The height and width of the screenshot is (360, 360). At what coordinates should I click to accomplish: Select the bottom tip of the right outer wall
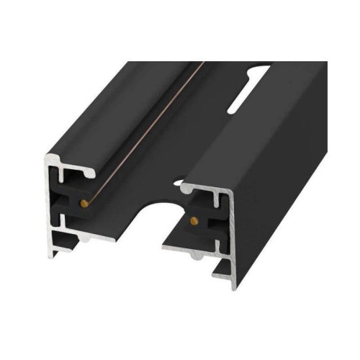pyautogui.click(x=234, y=287)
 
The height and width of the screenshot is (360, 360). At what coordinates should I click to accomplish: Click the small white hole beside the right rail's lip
pyautogui.click(x=177, y=183)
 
